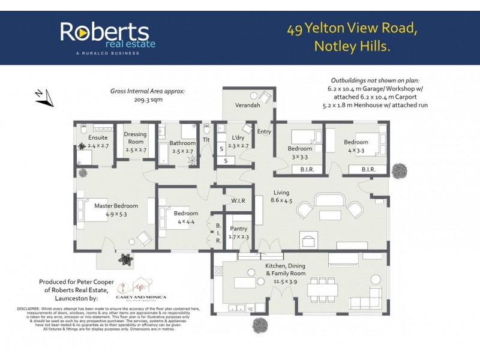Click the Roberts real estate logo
coord(107,37)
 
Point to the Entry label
coord(264,132)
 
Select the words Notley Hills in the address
coord(352,46)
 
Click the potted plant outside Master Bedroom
coord(125,259)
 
